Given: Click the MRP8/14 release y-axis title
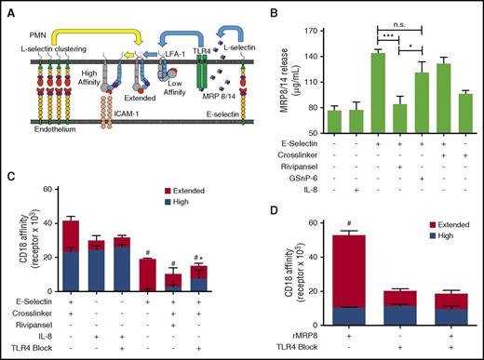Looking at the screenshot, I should pyautogui.click(x=271, y=76).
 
